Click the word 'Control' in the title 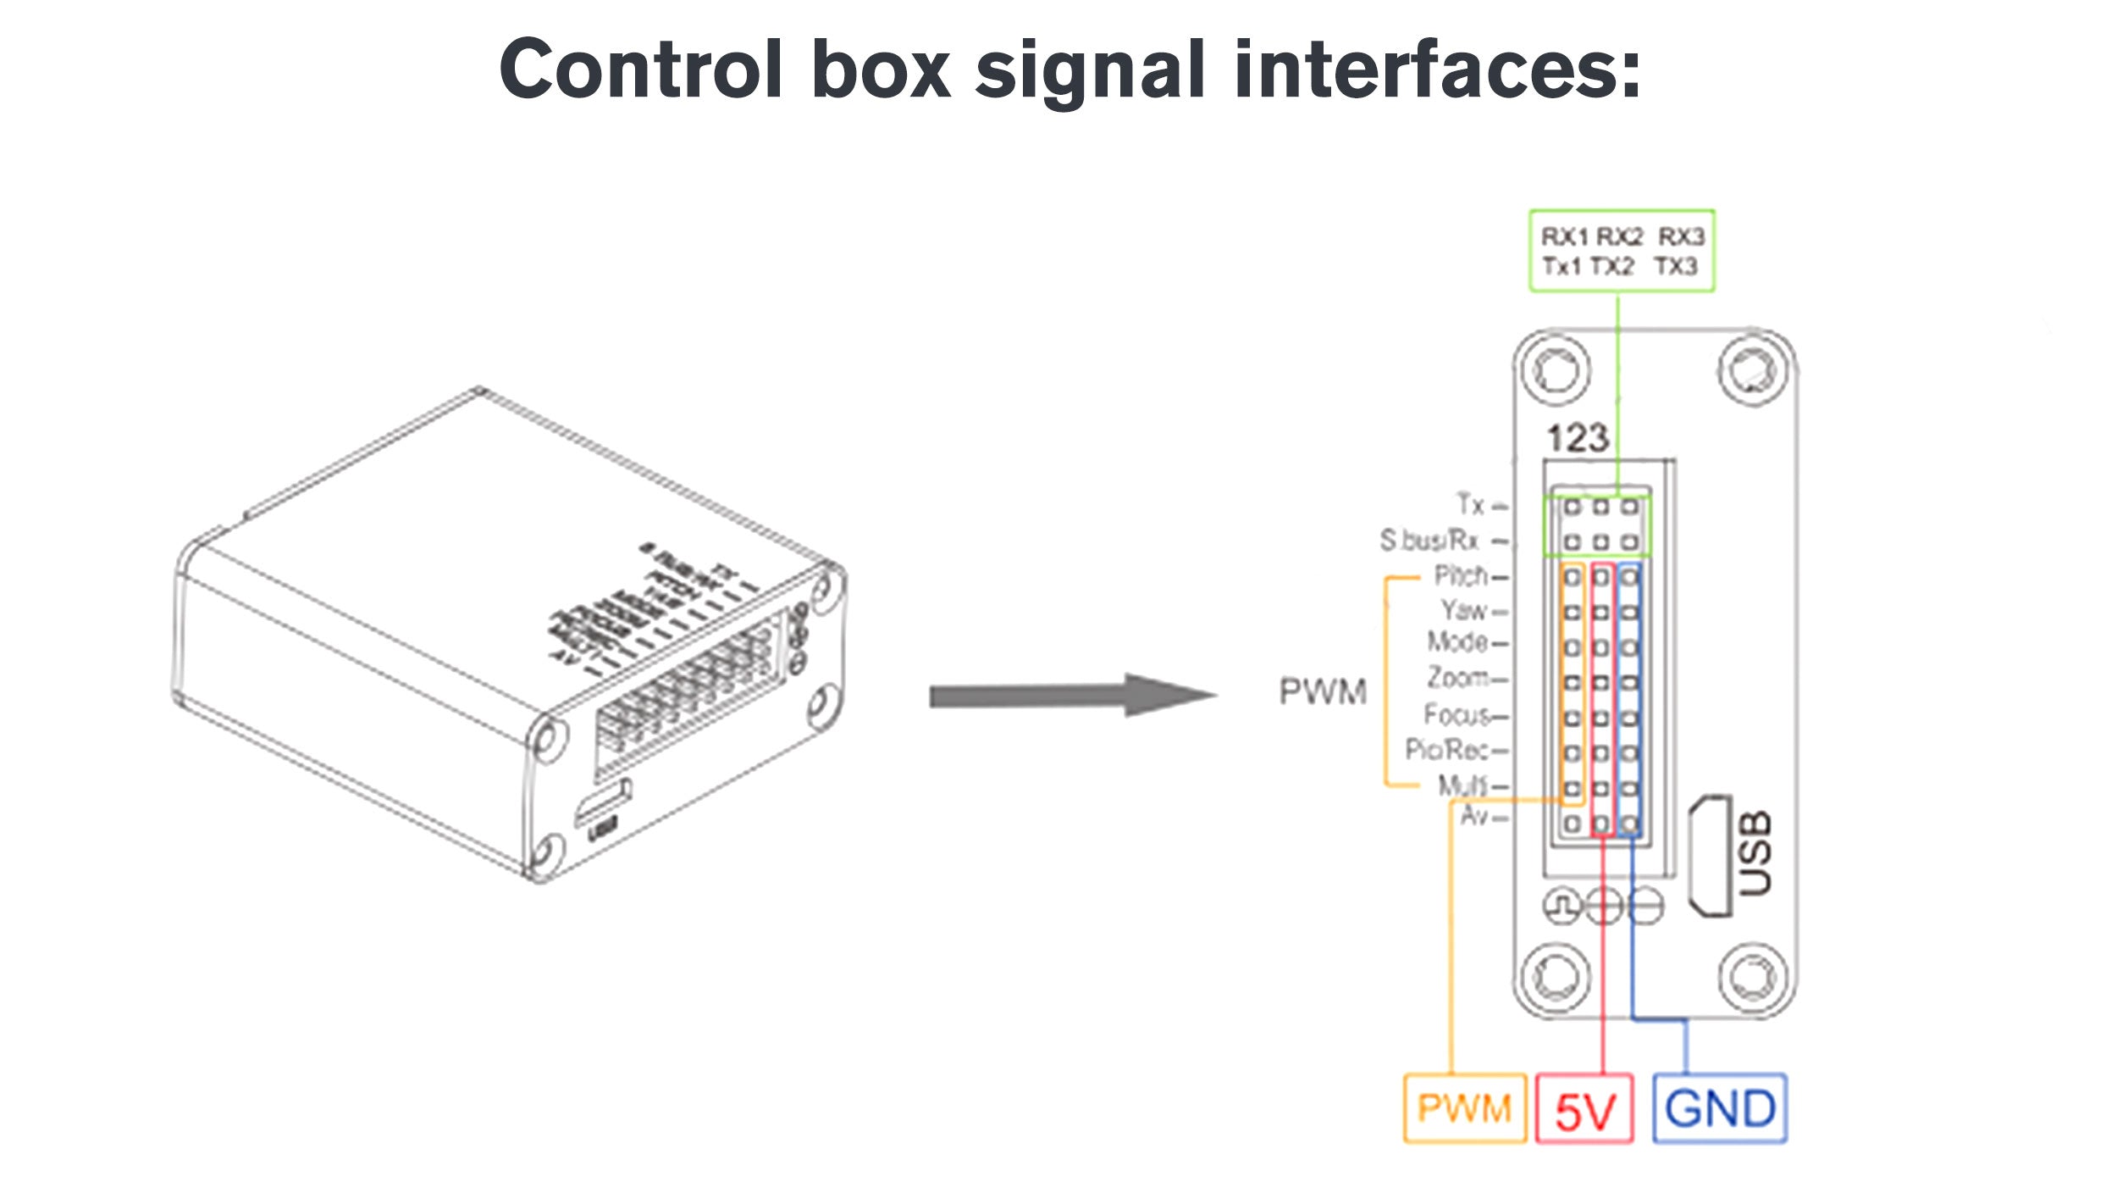click(640, 69)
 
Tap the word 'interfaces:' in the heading click(1437, 69)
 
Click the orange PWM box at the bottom click(1464, 1108)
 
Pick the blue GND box click(1719, 1108)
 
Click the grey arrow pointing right click(1072, 696)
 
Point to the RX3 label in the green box click(1680, 236)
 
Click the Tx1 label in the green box click(1561, 266)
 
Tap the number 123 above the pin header click(1577, 438)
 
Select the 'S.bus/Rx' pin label click(1429, 540)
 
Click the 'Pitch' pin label click(1461, 576)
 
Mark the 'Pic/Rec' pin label click(1446, 750)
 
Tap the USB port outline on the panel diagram click(1710, 856)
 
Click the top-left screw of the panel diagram click(1555, 370)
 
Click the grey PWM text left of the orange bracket click(1323, 691)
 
